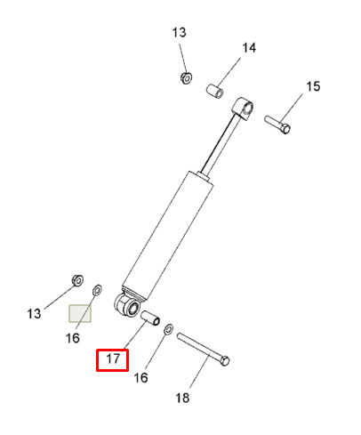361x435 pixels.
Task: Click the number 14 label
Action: click(249, 48)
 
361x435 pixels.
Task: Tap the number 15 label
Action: click(313, 86)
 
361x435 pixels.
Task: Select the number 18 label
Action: click(182, 398)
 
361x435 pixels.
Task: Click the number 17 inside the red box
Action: click(113, 359)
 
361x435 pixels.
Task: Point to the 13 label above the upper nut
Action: click(179, 33)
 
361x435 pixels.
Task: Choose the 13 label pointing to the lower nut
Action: click(34, 314)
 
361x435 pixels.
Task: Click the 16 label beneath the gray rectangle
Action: click(73, 338)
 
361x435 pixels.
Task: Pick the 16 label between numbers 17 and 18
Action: click(140, 378)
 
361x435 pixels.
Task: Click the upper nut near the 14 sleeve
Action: click(186, 77)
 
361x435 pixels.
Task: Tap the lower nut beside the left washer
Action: click(77, 280)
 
